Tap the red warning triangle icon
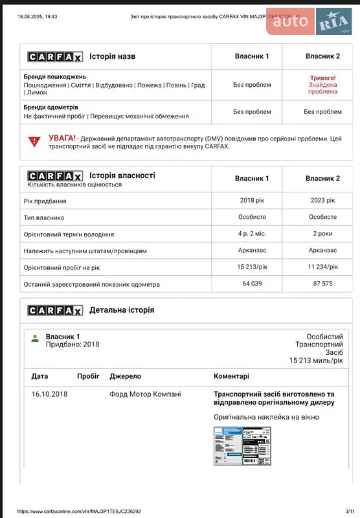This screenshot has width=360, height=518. [x=34, y=141]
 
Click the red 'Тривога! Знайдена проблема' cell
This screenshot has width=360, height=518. [x=322, y=85]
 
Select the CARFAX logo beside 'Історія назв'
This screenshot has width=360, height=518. [x=55, y=56]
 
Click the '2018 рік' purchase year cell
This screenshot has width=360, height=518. [x=251, y=200]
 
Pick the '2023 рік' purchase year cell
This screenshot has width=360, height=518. [x=322, y=200]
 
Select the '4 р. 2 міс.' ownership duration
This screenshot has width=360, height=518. [x=251, y=234]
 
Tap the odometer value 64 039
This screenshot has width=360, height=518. [x=251, y=284]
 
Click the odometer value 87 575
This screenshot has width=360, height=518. [x=322, y=284]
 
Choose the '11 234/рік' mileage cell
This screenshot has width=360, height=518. [x=322, y=267]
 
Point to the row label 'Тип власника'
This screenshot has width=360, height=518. [x=44, y=218]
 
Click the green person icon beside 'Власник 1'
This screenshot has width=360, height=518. [x=36, y=338]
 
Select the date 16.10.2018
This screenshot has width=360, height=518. [x=49, y=394]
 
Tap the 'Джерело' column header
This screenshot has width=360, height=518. [x=125, y=376]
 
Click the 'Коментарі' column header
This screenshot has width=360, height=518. [x=231, y=376]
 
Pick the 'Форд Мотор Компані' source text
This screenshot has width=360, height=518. [x=145, y=394]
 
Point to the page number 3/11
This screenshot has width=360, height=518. [x=350, y=510]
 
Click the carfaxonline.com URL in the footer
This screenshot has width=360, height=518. [x=79, y=510]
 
